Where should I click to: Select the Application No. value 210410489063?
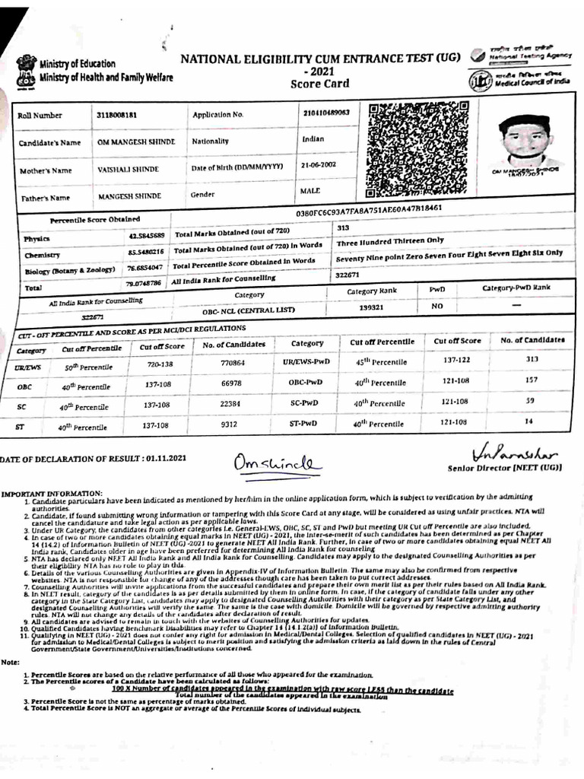pos(325,113)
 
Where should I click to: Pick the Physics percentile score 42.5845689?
pos(145,237)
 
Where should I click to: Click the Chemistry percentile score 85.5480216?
pos(145,252)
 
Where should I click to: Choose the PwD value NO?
pos(437,307)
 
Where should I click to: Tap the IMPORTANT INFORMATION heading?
pos(52,493)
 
